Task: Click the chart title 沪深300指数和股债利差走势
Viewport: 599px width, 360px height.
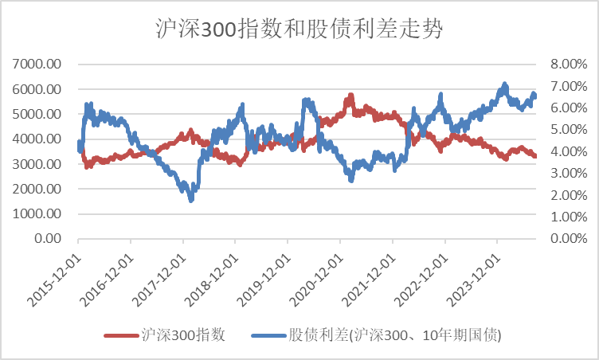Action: pos(299,29)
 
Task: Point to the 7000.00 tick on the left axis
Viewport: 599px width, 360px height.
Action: pos(38,65)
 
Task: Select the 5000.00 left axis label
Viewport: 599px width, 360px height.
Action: pos(38,114)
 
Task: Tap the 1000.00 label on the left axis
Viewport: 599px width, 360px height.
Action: pos(38,213)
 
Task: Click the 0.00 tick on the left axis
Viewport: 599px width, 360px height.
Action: pos(49,238)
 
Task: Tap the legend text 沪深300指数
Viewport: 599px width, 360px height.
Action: pos(182,336)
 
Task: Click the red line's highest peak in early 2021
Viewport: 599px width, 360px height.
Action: pos(350,96)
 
